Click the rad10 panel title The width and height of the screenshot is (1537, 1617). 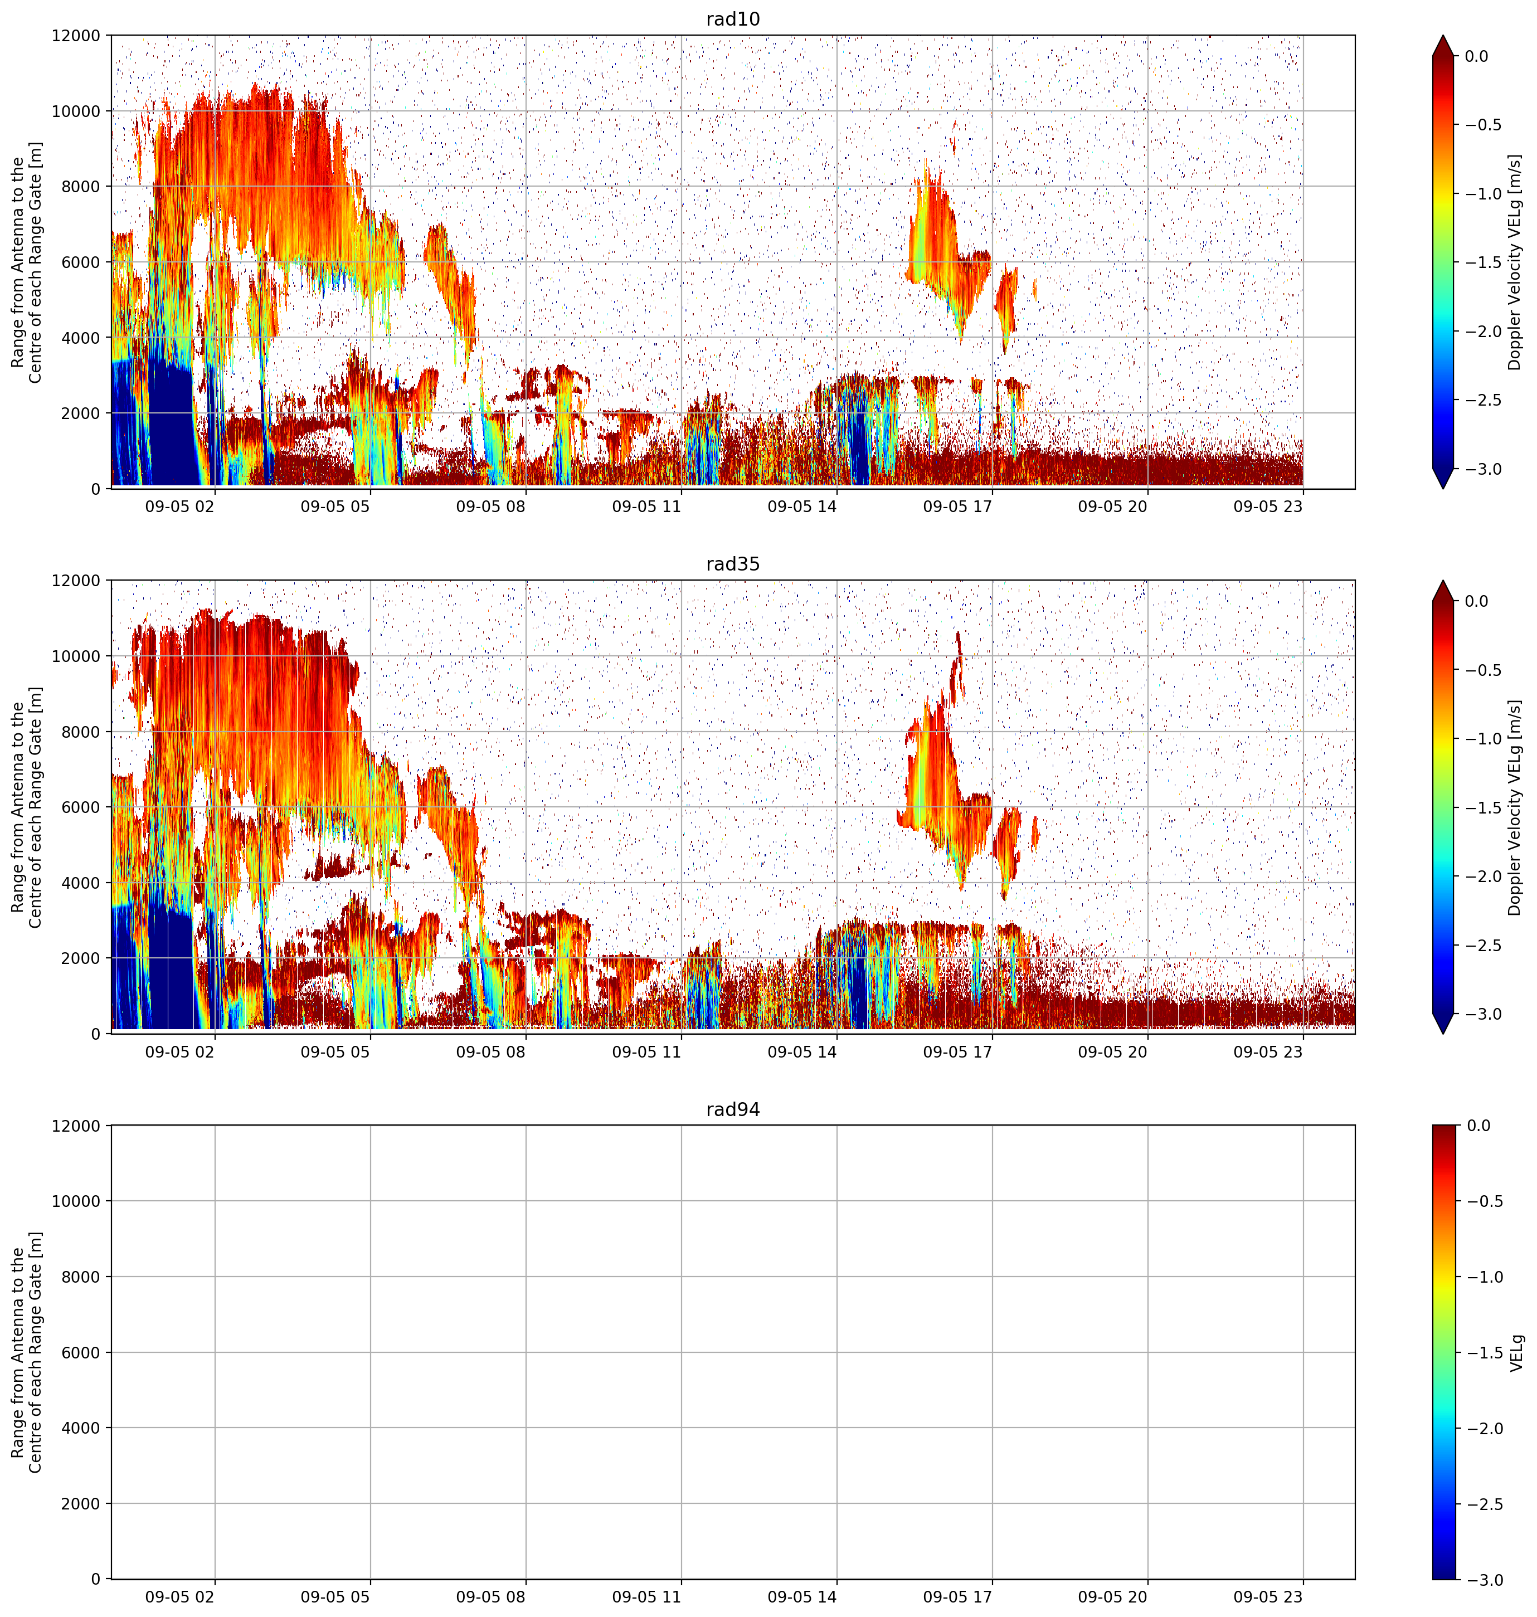[732, 19]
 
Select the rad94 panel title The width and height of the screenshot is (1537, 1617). [732, 1110]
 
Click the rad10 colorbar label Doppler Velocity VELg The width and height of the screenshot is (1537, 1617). [1515, 262]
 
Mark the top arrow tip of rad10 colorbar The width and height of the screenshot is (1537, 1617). [1443, 35]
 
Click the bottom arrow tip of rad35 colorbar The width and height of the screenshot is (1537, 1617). [1443, 1034]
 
